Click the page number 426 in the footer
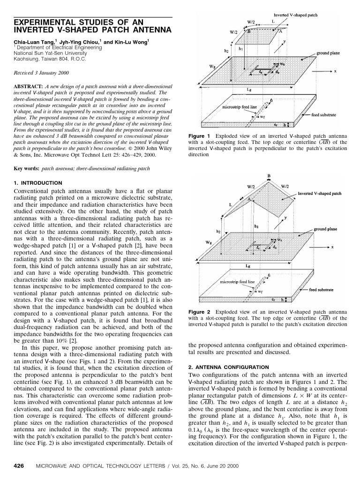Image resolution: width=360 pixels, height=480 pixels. tap(19, 467)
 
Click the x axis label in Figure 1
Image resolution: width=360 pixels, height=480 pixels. tap(335, 71)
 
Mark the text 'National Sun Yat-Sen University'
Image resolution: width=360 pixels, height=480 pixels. tap(49, 53)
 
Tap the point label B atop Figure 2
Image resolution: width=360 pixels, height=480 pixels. tap(269, 176)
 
